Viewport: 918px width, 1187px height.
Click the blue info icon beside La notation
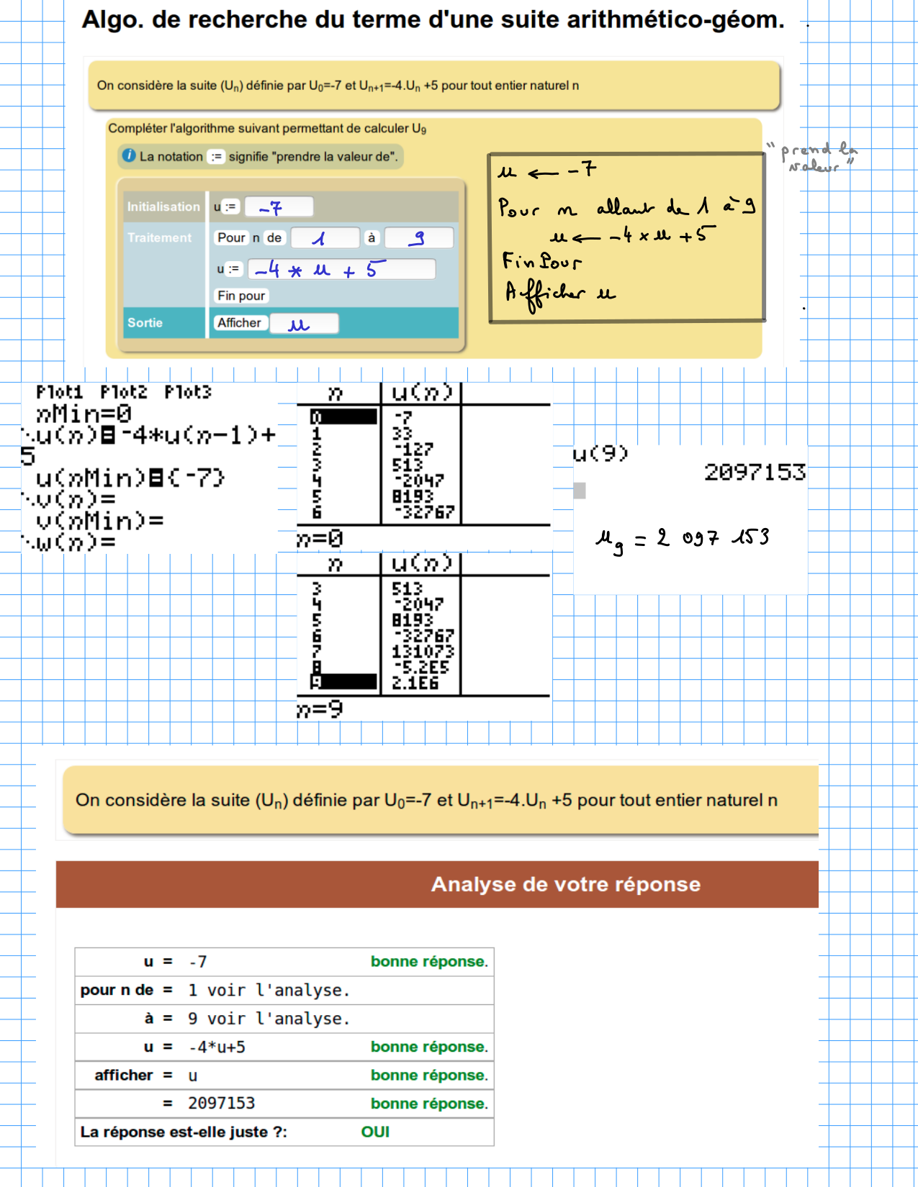coord(129,155)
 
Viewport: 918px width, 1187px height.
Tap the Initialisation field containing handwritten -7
coord(279,207)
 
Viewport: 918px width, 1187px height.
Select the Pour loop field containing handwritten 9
coord(419,237)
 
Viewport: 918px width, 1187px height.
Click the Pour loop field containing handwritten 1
coord(325,237)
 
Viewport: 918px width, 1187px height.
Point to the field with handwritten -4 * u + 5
coord(341,269)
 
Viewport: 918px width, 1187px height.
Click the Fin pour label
coord(241,296)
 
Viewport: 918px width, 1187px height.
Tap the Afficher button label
coord(239,323)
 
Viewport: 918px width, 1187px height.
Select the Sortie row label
coord(145,323)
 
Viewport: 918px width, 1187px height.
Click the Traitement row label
coord(159,237)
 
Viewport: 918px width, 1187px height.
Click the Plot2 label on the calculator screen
coord(123,392)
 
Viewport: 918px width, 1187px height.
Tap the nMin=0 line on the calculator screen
coord(84,414)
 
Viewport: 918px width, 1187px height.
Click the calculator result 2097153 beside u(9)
coord(754,472)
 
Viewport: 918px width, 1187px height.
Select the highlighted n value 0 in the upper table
coord(343,417)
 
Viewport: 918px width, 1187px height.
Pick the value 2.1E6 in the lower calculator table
coord(415,683)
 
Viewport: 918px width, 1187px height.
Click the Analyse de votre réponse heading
coord(565,884)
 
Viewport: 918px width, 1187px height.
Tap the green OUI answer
coord(375,1132)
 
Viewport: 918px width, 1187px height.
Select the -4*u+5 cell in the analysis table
coord(217,1047)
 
